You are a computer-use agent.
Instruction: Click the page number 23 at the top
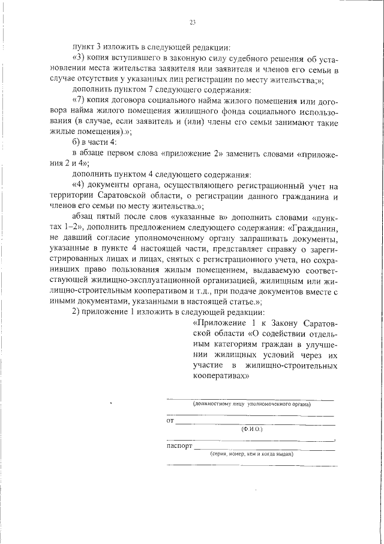[193, 23]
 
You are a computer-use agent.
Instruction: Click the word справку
[279, 249]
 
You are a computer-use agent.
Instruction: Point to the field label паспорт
[179, 447]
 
